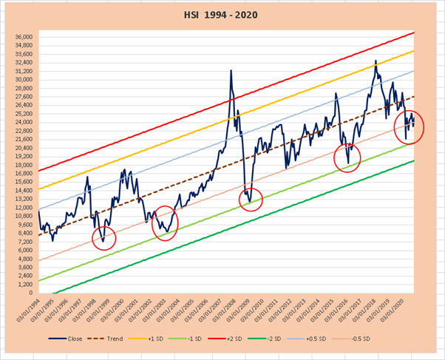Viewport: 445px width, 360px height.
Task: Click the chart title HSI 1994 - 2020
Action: click(222, 14)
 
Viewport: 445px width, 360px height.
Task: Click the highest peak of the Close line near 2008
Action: click(231, 71)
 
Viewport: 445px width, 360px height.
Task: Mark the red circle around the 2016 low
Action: click(347, 157)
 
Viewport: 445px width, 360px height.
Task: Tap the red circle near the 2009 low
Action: click(251, 199)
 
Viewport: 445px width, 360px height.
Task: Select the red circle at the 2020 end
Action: click(409, 126)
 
